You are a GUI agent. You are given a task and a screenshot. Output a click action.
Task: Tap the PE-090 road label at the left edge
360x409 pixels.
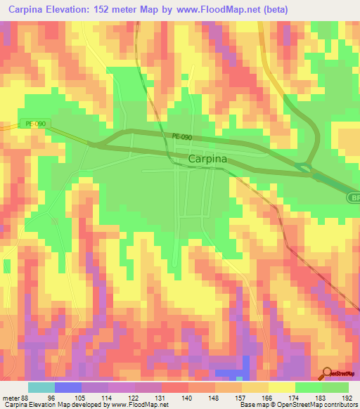(35, 124)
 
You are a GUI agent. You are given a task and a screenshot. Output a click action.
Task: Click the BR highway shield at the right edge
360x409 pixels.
(354, 199)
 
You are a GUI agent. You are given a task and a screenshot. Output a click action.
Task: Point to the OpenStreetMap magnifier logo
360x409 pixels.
(328, 373)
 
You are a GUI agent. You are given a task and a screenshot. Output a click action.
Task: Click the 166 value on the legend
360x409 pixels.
(265, 398)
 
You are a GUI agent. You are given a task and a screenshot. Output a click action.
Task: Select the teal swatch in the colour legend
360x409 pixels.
(41, 387)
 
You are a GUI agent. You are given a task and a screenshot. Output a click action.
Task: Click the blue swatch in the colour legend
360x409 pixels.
(68, 387)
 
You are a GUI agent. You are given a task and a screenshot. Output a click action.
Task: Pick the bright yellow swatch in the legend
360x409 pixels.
(282, 387)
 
